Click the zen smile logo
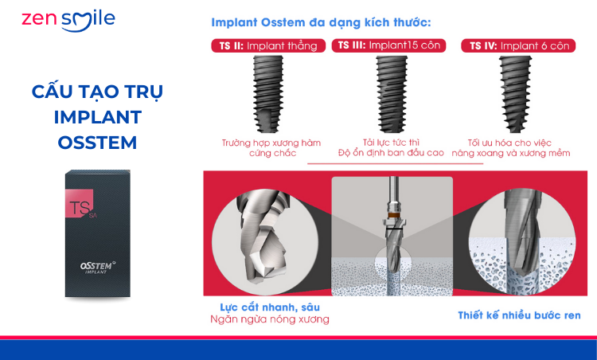(68, 21)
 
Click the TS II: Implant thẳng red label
(268, 45)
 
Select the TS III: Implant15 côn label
(388, 45)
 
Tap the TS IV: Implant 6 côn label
(518, 45)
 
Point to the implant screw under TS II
(268, 94)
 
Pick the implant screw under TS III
(392, 94)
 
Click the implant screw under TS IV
(515, 94)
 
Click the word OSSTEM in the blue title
(97, 143)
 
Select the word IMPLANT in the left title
(98, 117)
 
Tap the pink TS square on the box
(79, 204)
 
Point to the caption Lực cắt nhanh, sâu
(270, 307)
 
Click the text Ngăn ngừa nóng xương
(270, 319)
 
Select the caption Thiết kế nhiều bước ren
(519, 315)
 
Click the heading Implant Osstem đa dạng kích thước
(321, 22)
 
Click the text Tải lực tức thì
(391, 143)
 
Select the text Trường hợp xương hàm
(271, 143)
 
